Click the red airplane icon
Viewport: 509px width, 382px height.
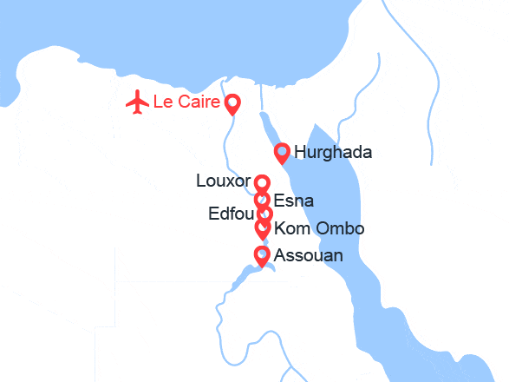pyautogui.click(x=137, y=102)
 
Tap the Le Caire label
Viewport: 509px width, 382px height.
pyautogui.click(x=186, y=102)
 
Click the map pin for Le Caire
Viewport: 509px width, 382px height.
pyautogui.click(x=232, y=105)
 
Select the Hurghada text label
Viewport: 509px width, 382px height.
pyautogui.click(x=333, y=153)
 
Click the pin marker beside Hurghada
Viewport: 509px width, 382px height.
pyautogui.click(x=282, y=153)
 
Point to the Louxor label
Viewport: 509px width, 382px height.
pyautogui.click(x=224, y=182)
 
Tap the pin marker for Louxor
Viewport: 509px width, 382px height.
pyautogui.click(x=262, y=182)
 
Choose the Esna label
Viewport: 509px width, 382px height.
pyautogui.click(x=293, y=201)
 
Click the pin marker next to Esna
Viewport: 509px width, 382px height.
pyautogui.click(x=262, y=200)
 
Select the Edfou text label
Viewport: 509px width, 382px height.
pyautogui.click(x=232, y=214)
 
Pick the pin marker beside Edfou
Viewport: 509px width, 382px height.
pyautogui.click(x=265, y=214)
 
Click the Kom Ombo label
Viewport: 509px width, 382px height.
pyautogui.click(x=318, y=229)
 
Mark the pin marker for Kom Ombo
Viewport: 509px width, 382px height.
pyautogui.click(x=262, y=228)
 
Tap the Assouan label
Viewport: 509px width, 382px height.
pyautogui.click(x=308, y=255)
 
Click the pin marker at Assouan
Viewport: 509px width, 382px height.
pyautogui.click(x=262, y=254)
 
